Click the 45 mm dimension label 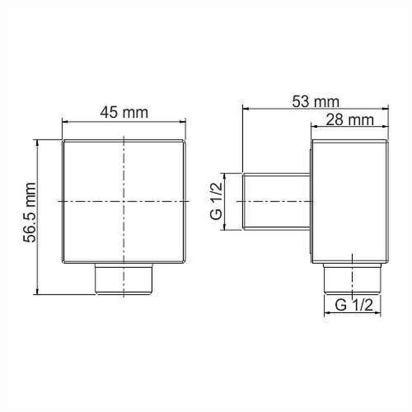click(124, 112)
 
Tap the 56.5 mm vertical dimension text click(29, 212)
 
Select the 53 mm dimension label click(316, 101)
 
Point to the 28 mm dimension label click(350, 120)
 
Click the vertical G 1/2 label click(216, 201)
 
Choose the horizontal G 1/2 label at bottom click(354, 305)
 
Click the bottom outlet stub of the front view click(124, 279)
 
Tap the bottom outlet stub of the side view click(352, 279)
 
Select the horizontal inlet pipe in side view click(277, 201)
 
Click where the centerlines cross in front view click(124, 201)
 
